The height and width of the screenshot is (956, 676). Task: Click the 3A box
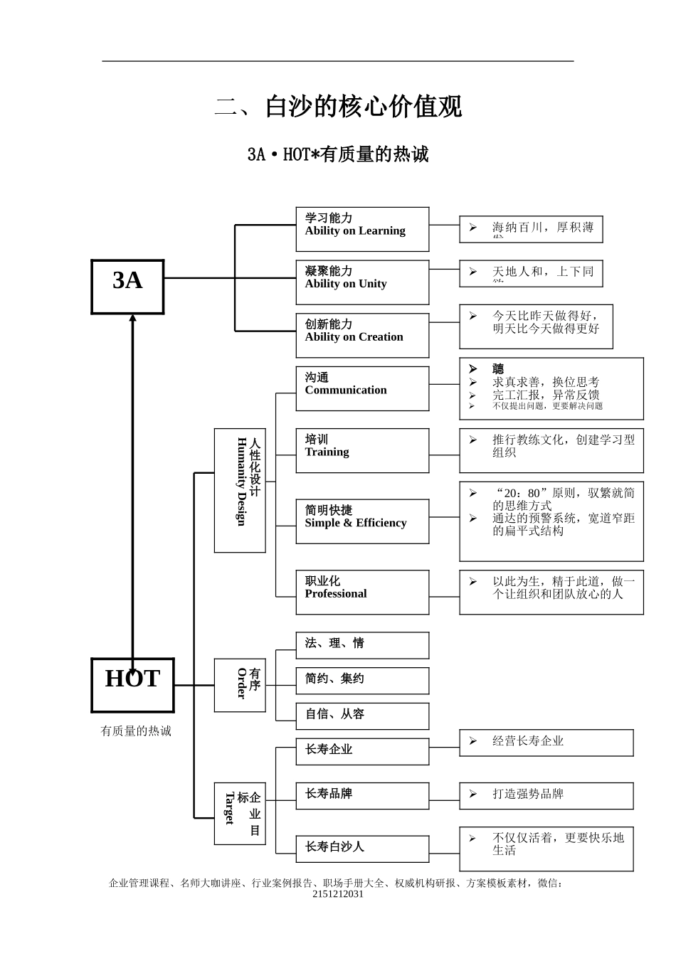click(127, 287)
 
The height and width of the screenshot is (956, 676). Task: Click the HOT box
click(132, 685)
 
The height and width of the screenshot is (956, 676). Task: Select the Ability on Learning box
click(362, 229)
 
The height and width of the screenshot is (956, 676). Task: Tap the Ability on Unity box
click(362, 282)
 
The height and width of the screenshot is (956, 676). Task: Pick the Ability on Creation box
click(362, 335)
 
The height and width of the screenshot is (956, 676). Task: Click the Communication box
click(362, 388)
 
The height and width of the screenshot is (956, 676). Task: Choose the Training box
click(362, 450)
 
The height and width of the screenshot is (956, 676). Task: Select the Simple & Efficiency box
click(362, 521)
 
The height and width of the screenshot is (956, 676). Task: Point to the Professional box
click(362, 592)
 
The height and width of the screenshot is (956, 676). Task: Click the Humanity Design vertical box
click(240, 490)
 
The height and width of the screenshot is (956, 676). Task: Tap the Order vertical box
click(240, 685)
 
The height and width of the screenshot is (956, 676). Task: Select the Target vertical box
click(240, 814)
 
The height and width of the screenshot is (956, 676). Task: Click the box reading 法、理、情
click(362, 645)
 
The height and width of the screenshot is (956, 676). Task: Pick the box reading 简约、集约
click(362, 681)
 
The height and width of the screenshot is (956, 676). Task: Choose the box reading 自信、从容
click(362, 716)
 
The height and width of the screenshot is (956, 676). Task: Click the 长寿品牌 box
click(362, 795)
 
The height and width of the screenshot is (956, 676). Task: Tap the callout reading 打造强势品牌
click(546, 795)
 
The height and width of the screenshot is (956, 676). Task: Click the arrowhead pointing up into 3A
click(132, 319)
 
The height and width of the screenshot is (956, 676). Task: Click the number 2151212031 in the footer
click(337, 894)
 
